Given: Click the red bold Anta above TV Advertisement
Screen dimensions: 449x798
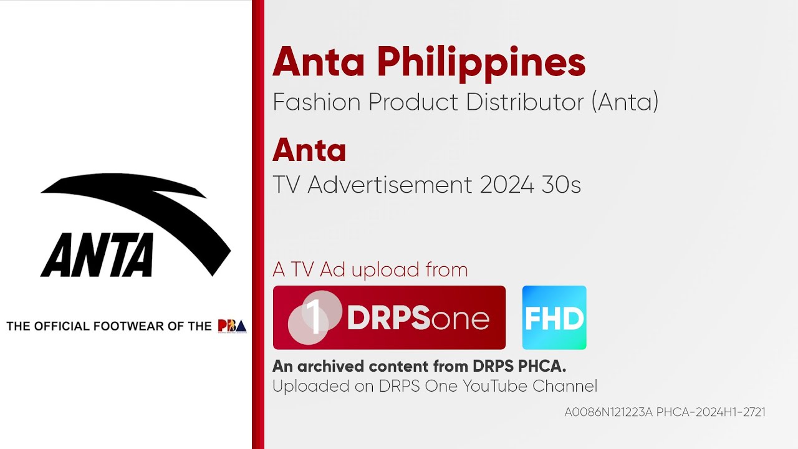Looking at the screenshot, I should point(309,151).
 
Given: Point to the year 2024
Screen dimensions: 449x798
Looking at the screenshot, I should point(506,185).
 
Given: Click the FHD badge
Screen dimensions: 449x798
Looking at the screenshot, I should point(554,318).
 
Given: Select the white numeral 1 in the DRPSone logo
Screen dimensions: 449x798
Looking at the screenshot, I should point(315,318).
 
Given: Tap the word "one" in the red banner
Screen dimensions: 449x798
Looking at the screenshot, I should point(460,320).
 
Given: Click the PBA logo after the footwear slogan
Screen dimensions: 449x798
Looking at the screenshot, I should point(232,326).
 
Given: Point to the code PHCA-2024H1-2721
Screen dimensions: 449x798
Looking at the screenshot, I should point(711,412).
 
